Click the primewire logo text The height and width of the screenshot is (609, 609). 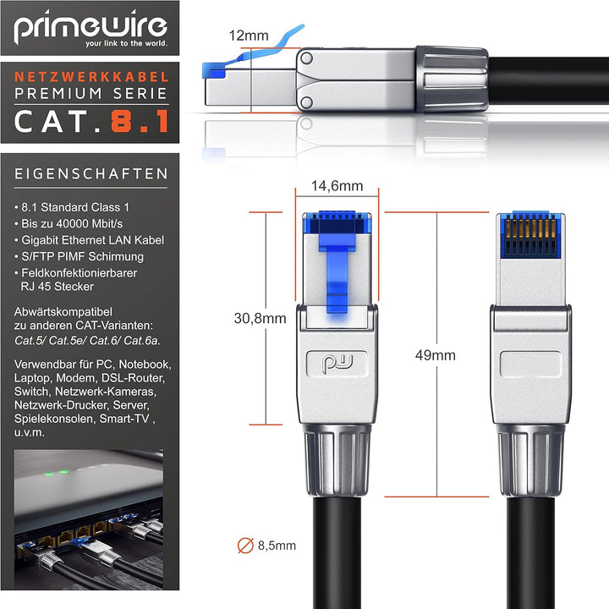tap(91, 26)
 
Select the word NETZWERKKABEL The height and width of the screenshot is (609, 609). tap(91, 77)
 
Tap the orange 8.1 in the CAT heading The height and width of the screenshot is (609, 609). tap(140, 121)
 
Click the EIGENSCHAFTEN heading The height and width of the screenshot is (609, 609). tap(91, 173)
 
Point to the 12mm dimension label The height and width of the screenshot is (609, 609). tap(249, 36)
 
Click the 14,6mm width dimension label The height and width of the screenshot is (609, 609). tap(337, 185)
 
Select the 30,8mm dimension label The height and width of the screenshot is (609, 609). tap(260, 319)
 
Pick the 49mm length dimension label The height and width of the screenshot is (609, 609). tap(435, 355)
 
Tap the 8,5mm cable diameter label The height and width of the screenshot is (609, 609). tap(277, 546)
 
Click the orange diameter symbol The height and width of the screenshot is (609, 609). tap(245, 546)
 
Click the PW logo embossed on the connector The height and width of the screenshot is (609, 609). tap(337, 364)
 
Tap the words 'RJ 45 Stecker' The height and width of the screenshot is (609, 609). tap(58, 287)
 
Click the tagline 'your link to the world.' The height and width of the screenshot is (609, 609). tap(127, 43)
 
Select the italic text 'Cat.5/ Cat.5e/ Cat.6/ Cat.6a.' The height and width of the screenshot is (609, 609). tap(87, 341)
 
